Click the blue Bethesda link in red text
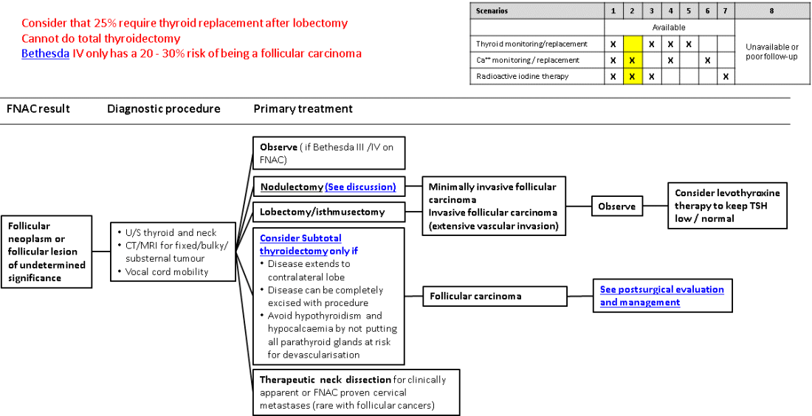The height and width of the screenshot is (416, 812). [x=45, y=54]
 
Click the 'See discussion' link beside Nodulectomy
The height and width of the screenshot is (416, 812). [x=360, y=187]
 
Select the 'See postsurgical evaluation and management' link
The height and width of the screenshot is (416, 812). [x=661, y=295]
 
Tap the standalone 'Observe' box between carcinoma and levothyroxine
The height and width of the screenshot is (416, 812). [x=616, y=207]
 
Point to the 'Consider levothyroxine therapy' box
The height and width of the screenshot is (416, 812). [x=727, y=206]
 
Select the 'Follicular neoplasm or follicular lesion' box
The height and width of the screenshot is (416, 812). [x=47, y=252]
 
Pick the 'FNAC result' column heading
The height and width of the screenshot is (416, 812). [x=38, y=109]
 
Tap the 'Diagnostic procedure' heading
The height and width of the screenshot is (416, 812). [x=164, y=109]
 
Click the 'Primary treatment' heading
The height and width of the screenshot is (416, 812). [x=303, y=109]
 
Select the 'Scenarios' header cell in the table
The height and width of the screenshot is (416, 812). [x=492, y=11]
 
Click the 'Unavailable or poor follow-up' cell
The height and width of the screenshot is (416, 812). [x=771, y=52]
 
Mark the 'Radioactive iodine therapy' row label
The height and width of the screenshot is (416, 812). [x=522, y=76]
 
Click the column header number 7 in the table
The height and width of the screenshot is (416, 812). [x=726, y=11]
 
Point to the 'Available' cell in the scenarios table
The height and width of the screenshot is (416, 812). [x=669, y=27]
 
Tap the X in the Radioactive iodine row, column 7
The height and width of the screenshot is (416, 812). [x=726, y=76]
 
